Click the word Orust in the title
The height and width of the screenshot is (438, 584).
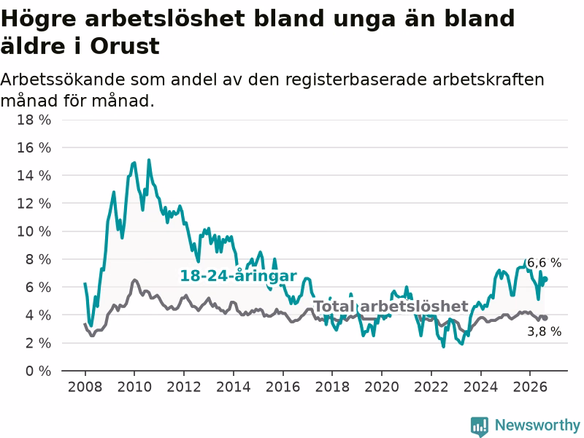125,47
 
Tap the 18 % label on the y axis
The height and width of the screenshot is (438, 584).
34,120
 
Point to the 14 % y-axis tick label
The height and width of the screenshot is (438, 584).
34,175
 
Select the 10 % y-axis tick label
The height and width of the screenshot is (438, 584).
34,231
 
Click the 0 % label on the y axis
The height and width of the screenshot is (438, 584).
38,371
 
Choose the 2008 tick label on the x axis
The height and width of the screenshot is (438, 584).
85,387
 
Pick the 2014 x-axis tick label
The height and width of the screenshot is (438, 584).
233,387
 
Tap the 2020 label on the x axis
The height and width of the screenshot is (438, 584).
381,387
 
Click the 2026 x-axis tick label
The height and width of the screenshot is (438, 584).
530,387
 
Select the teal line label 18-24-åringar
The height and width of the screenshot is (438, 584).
239,276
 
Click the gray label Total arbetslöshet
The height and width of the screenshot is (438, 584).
391,307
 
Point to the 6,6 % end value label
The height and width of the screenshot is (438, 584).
544,263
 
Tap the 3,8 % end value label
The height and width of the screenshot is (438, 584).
544,331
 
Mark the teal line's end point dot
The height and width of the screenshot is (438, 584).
545,279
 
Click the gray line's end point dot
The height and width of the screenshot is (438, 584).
545,318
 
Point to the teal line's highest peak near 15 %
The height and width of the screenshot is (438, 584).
149,160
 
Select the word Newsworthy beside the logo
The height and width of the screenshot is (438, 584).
537,425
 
